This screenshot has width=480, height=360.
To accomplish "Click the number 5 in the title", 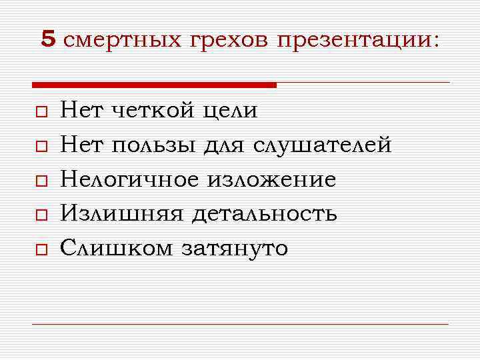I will pyautogui.click(x=47, y=39).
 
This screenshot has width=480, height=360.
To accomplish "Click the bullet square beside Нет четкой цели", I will pyautogui.click(x=41, y=111).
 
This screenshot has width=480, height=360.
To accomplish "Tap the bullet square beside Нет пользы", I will pyautogui.click(x=41, y=146).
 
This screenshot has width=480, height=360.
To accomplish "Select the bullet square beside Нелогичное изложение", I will pyautogui.click(x=41, y=181).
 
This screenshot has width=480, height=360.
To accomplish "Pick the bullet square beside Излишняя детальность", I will pyautogui.click(x=41, y=215).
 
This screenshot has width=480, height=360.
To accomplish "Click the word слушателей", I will pyautogui.click(x=322, y=145).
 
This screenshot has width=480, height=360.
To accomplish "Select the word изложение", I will pyautogui.click(x=271, y=179).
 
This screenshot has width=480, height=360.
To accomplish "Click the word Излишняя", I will pyautogui.click(x=120, y=214).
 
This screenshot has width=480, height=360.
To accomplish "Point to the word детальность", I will pyautogui.click(x=264, y=214).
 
